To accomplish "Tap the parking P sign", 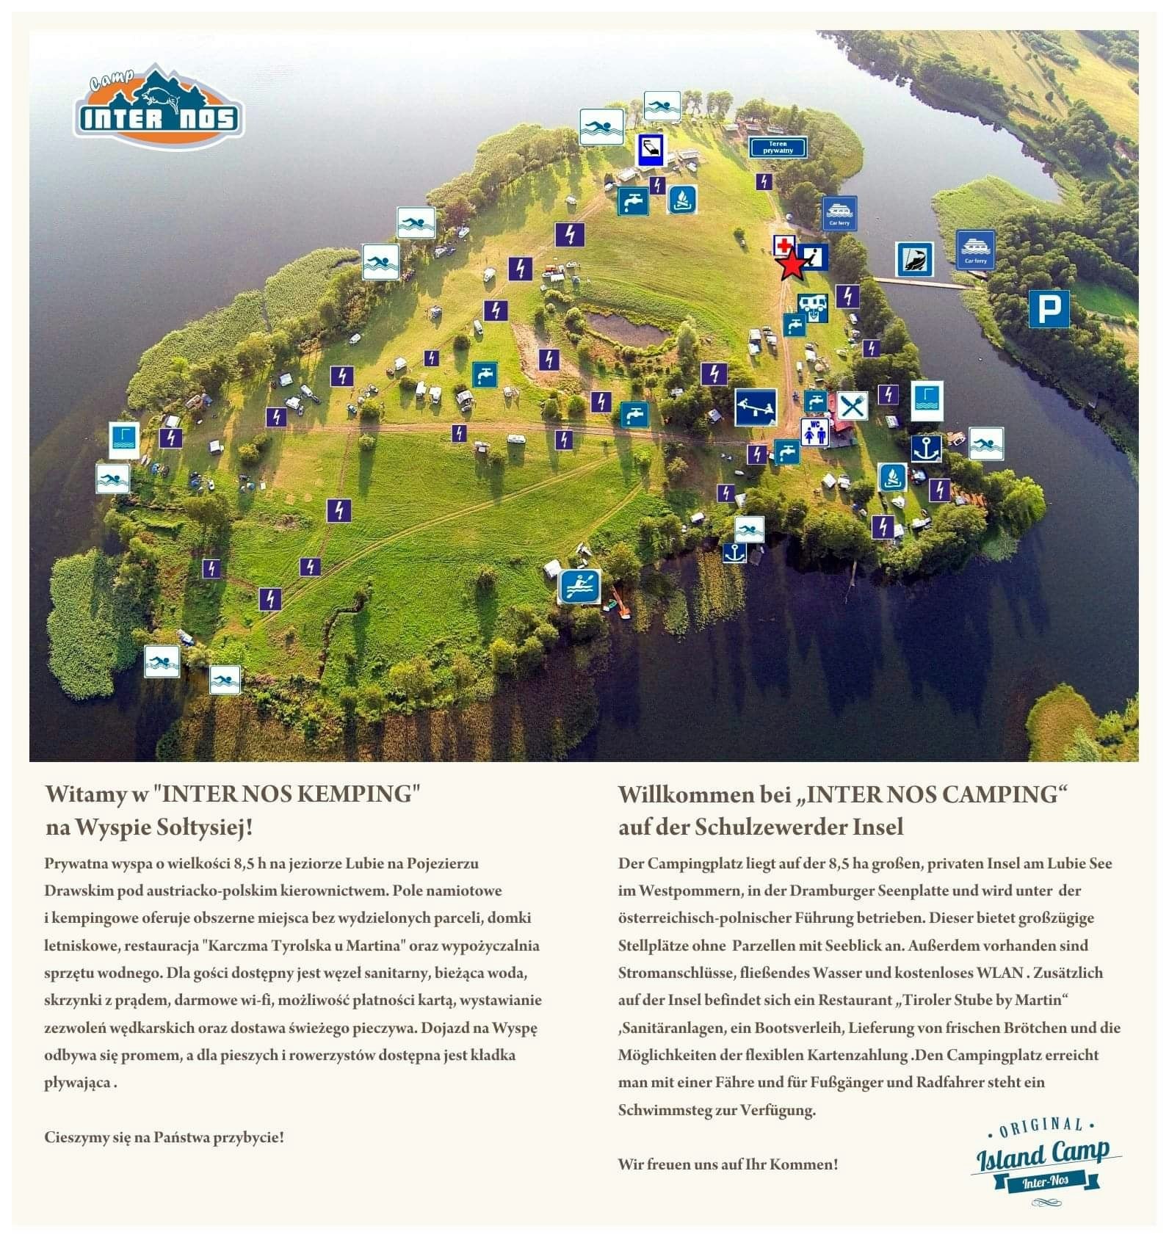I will pyautogui.click(x=1048, y=308).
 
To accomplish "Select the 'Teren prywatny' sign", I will pyautogui.click(x=778, y=147).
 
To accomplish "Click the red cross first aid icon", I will pyautogui.click(x=783, y=245).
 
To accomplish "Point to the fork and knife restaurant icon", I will pyautogui.click(x=852, y=406).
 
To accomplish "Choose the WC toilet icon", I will pyautogui.click(x=814, y=432).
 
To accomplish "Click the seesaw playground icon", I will pyautogui.click(x=756, y=407).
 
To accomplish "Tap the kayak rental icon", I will pyautogui.click(x=580, y=586).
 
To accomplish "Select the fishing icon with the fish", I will pyautogui.click(x=914, y=260).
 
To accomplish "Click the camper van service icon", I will pyautogui.click(x=814, y=307).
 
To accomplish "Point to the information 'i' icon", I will pyautogui.click(x=814, y=256).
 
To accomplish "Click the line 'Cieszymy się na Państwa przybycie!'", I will pyautogui.click(x=164, y=1137).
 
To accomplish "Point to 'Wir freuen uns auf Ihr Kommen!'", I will pyautogui.click(x=728, y=1164).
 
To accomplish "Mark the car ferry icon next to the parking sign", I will pyautogui.click(x=976, y=250).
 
